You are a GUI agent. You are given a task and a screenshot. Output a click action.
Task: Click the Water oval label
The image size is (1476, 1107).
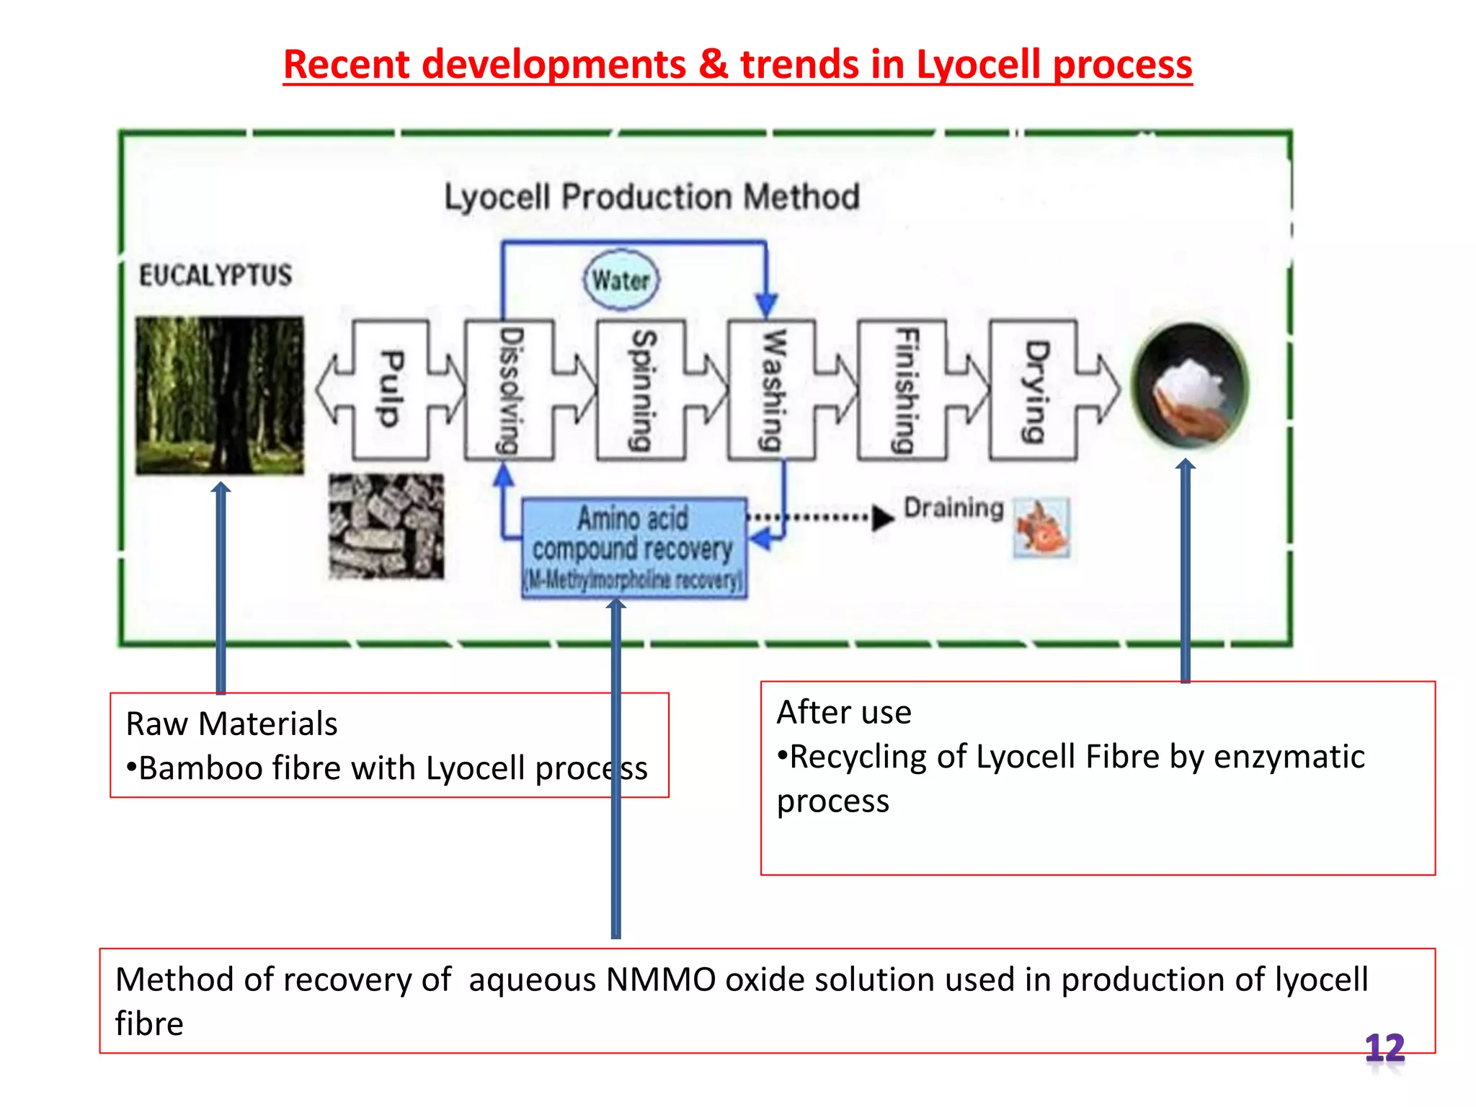coord(621,280)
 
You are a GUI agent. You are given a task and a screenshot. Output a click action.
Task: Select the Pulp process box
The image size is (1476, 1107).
coord(390,390)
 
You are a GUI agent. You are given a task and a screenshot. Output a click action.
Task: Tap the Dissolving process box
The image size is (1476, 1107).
coord(510,390)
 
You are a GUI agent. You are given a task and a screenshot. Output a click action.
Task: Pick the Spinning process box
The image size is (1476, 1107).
coord(641,390)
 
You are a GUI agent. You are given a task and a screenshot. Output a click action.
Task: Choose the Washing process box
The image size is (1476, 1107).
coord(772,390)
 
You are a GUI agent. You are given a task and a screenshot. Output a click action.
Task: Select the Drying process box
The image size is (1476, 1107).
coord(1034,390)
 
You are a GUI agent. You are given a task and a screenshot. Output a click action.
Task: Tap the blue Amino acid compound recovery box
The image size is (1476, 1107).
coord(633,548)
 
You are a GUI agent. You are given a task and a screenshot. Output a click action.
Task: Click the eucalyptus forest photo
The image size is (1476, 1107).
coord(220,395)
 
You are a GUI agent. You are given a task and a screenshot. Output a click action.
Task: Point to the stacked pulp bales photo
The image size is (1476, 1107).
coord(386,526)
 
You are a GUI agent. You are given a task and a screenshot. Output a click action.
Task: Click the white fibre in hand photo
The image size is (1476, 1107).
coord(1190,386)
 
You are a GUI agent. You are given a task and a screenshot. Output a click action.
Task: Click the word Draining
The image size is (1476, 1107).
coord(953,508)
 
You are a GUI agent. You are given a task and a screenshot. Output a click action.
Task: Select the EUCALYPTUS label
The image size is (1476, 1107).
coord(215,275)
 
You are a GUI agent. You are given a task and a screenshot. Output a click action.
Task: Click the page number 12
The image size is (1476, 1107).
coord(1384,1047)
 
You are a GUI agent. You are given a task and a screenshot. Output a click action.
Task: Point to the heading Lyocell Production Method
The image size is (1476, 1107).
coord(652,197)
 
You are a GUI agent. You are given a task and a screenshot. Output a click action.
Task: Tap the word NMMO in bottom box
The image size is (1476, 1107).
coord(661,980)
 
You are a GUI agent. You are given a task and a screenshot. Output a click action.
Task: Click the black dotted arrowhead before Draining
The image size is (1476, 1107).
coord(882,517)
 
